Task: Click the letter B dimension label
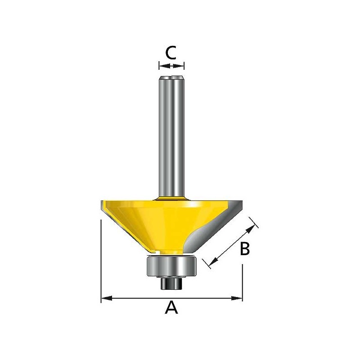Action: (245, 249)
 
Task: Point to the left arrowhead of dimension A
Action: (107, 298)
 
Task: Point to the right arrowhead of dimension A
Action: (237, 298)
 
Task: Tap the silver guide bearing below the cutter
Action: (171, 266)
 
